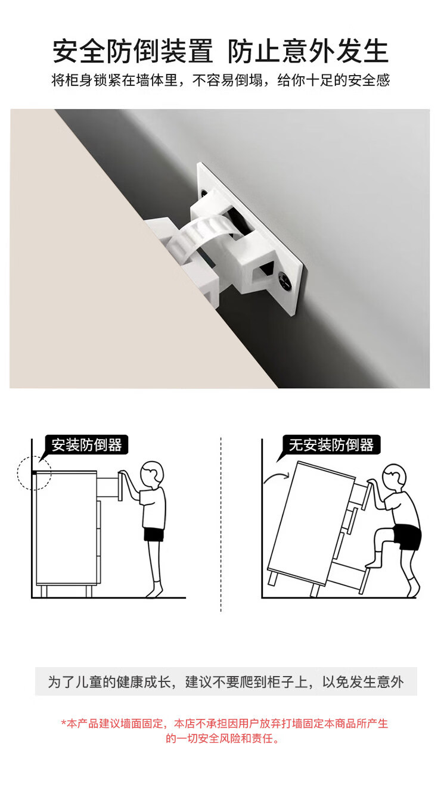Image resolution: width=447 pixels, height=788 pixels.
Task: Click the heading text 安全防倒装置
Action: (133, 51)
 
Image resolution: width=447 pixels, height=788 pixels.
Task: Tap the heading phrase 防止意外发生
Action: (308, 51)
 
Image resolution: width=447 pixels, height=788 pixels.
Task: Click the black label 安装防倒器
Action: (86, 445)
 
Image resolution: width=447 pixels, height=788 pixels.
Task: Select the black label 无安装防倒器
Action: (331, 445)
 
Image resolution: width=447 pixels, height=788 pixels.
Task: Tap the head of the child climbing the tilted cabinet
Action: (395, 477)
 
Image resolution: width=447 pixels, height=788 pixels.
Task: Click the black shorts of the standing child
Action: (154, 534)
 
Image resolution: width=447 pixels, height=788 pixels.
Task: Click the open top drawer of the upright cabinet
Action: (109, 487)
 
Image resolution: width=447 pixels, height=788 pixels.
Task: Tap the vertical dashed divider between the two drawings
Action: (221, 525)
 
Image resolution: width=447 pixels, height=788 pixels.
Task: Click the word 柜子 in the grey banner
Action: (281, 681)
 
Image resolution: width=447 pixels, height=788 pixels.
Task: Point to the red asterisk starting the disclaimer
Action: (64, 723)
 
